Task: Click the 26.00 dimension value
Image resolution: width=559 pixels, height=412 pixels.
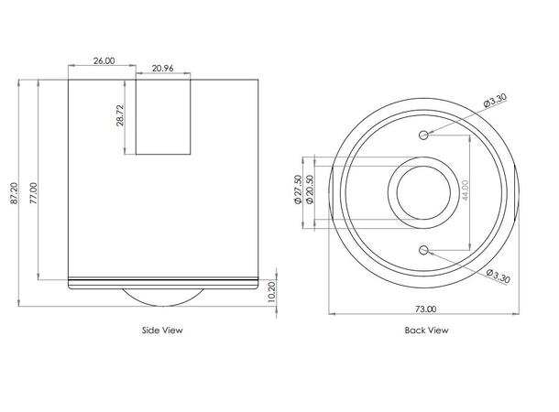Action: click(x=104, y=60)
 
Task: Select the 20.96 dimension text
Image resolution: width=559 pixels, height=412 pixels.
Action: click(x=164, y=69)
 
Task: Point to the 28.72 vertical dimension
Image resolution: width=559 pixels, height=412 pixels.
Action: click(x=120, y=116)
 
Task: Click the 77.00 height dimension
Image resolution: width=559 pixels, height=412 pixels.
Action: click(x=32, y=190)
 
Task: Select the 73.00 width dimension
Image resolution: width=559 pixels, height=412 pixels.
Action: click(x=425, y=309)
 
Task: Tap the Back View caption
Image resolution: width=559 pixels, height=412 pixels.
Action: click(x=426, y=331)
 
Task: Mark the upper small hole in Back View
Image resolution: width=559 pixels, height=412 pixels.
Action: click(x=423, y=136)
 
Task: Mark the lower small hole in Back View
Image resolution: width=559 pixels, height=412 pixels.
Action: click(x=423, y=249)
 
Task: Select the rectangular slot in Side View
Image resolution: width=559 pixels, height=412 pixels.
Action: click(x=164, y=116)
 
